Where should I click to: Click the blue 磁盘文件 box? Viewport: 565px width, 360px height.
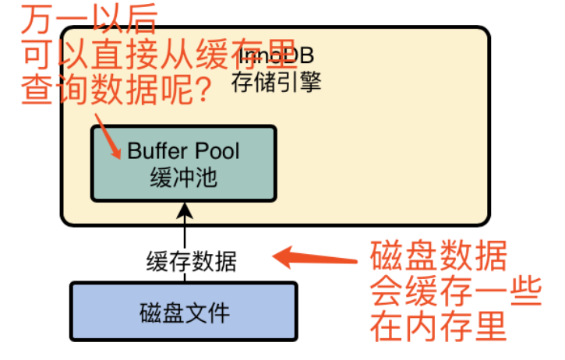click(x=184, y=312)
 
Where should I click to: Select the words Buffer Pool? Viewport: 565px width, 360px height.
click(x=184, y=150)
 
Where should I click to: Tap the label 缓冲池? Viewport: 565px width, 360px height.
click(x=184, y=178)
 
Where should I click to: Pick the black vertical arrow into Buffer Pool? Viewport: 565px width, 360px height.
click(x=184, y=226)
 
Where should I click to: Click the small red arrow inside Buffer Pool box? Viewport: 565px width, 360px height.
click(x=108, y=139)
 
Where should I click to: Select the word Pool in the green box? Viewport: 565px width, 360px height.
click(x=216, y=150)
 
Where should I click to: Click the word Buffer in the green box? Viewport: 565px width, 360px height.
click(x=157, y=150)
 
